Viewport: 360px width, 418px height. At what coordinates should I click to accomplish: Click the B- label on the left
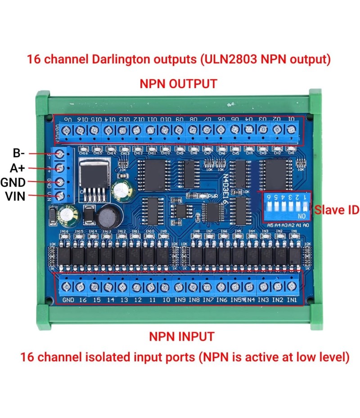[18, 153]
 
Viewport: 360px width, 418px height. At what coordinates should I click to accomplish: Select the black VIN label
[15, 196]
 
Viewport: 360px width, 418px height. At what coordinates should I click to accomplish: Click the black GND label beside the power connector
[13, 182]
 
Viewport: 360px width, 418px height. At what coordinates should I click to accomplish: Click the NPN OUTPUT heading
[178, 84]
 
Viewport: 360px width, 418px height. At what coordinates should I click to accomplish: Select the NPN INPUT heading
[181, 336]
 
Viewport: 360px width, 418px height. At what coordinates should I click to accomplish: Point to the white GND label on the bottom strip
[68, 300]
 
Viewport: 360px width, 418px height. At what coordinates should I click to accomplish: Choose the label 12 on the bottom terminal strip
[138, 300]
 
